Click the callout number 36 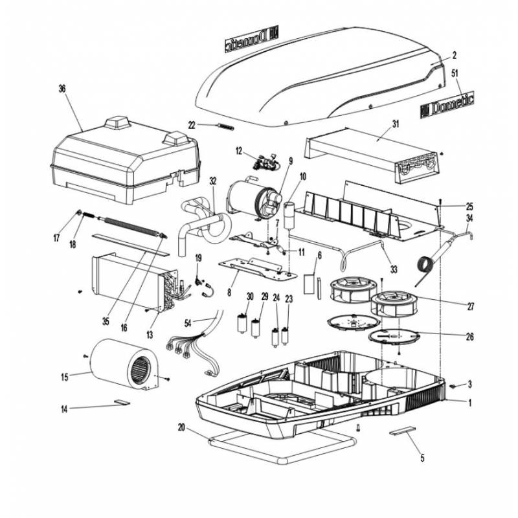(62, 88)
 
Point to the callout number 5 (422, 459)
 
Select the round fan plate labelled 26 (394, 336)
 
